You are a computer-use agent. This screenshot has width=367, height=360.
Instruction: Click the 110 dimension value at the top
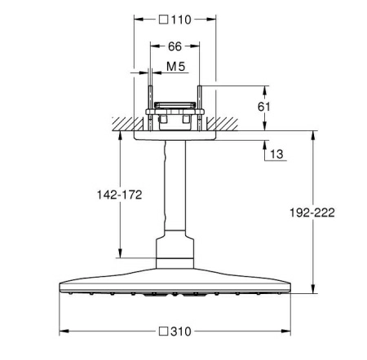click(181, 20)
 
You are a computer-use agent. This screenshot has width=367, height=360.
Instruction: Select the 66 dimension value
click(175, 46)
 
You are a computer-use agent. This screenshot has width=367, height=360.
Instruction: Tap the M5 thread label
click(175, 67)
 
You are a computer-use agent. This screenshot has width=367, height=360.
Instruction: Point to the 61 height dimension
click(264, 107)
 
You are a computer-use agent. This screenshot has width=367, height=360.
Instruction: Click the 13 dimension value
click(276, 154)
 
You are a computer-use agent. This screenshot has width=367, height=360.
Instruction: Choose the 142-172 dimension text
click(120, 195)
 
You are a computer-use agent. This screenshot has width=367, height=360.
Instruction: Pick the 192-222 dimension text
click(312, 213)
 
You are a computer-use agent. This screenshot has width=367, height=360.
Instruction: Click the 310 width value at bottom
click(181, 331)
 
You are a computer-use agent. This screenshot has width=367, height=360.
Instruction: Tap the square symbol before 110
click(163, 20)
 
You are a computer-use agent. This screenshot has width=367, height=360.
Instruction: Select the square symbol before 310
click(163, 331)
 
